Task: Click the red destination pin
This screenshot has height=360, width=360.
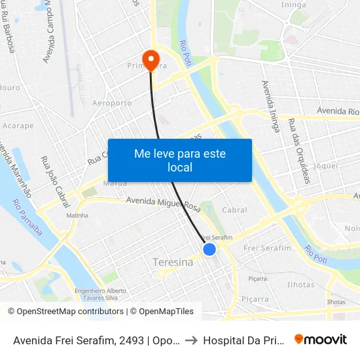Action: (151, 60)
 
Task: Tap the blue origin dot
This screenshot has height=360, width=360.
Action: (209, 249)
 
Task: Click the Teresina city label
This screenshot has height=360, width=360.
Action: (172, 262)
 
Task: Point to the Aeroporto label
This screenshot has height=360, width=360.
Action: (112, 103)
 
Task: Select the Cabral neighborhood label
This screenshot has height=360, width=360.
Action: (234, 210)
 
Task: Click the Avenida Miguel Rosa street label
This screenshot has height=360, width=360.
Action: (163, 204)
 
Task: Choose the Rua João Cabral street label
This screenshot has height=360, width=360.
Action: (56, 181)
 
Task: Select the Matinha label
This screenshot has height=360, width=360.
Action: (77, 215)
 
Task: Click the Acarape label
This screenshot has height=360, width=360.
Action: (18, 125)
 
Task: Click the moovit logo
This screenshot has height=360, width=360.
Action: (320, 340)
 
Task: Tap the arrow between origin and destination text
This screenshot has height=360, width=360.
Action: (187, 340)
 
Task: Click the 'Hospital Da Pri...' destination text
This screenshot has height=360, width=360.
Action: (243, 340)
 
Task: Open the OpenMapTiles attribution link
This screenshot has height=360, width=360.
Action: (162, 312)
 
